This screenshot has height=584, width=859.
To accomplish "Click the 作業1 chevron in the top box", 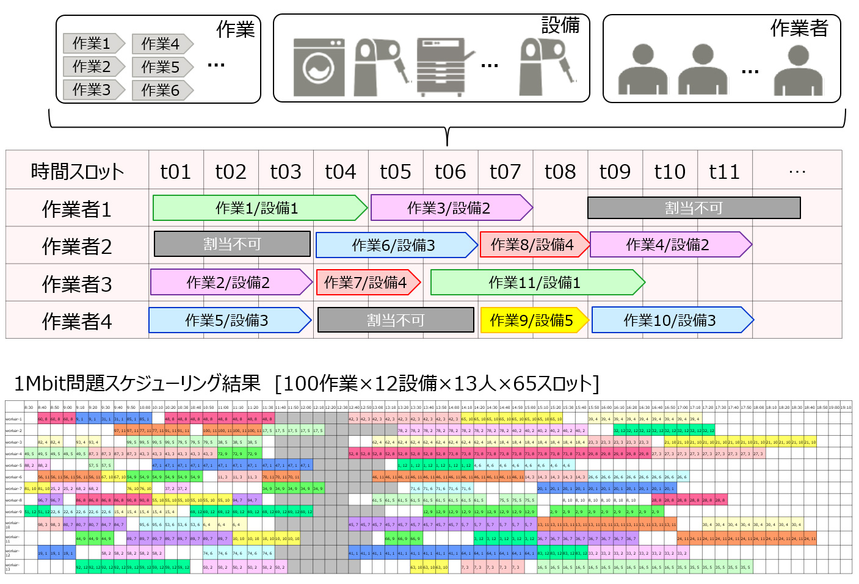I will pyautogui.click(x=93, y=43).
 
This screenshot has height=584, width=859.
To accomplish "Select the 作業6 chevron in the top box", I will pyautogui.click(x=162, y=90).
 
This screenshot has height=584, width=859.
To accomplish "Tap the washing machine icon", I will pyautogui.click(x=319, y=67).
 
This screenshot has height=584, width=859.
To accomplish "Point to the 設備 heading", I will pyautogui.click(x=560, y=25).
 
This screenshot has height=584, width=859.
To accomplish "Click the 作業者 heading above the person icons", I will pyautogui.click(x=799, y=28).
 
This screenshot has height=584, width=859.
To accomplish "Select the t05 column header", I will pyautogui.click(x=396, y=171).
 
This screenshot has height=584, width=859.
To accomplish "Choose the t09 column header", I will pyautogui.click(x=615, y=171).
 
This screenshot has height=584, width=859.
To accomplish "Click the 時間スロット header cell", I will pyautogui.click(x=77, y=171).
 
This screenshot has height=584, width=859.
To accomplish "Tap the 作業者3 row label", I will pyautogui.click(x=77, y=284).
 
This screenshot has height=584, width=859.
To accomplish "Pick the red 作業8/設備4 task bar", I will pyautogui.click(x=533, y=245).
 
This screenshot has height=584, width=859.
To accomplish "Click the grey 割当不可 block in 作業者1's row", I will pyautogui.click(x=694, y=208).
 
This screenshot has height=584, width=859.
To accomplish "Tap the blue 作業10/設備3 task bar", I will pyautogui.click(x=671, y=320).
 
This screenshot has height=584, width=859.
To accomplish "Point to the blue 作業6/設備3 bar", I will pyautogui.click(x=394, y=245).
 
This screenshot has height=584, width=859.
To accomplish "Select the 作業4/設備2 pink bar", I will pyautogui.click(x=669, y=245).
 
